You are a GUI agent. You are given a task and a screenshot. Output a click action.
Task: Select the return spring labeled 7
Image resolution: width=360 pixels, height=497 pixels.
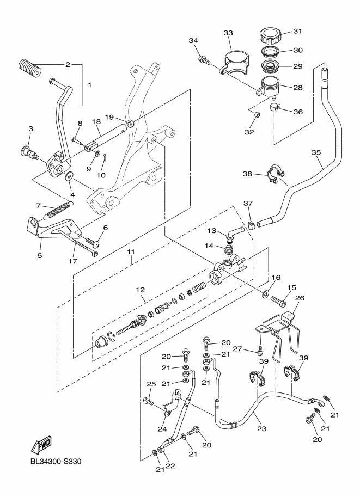pyautogui.click(x=59, y=209)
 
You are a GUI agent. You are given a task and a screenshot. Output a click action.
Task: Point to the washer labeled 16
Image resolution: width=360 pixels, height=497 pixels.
pyautogui.click(x=265, y=294)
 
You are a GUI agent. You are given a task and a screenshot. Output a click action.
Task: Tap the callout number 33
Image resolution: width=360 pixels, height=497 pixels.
pyautogui.click(x=228, y=33)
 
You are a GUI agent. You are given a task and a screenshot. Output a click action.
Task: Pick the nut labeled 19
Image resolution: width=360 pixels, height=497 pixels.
pyautogui.click(x=131, y=124)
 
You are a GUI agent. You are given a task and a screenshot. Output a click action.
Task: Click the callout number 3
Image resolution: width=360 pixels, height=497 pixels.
pyautogui.click(x=30, y=129)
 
